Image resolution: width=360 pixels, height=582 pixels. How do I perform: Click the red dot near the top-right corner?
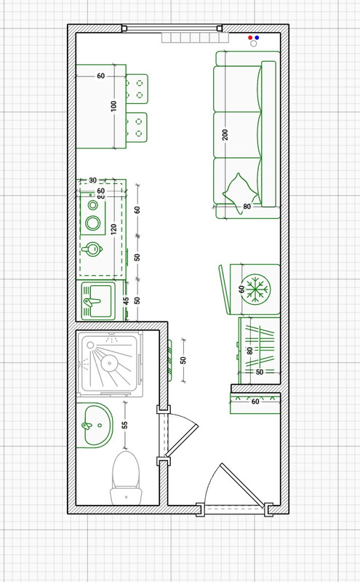pos(250,38)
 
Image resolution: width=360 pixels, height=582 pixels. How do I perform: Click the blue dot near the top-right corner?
pos(257,38)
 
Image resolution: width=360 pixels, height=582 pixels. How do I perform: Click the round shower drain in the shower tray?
pos(110,362)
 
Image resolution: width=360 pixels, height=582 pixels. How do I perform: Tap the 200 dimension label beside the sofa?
pos(225,135)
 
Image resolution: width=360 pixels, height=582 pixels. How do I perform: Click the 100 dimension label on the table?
pos(113,105)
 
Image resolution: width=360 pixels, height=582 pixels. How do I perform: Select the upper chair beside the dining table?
pos(137,89)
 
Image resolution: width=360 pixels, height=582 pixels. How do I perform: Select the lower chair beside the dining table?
pos(136,127)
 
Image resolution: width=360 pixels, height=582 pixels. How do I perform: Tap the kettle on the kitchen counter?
pos(93,249)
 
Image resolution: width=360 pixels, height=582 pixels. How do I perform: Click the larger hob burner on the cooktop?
pos(93,223)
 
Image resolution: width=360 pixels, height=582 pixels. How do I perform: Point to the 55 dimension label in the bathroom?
pos(124,425)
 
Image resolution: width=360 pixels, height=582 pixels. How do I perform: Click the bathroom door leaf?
pos(182,440)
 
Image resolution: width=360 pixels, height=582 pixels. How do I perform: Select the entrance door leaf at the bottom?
pos(242,485)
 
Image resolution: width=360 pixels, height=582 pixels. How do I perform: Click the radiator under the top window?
pos(195,38)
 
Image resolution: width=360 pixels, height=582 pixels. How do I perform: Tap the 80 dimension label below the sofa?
pos(247,207)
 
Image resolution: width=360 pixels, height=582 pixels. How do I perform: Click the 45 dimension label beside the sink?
pos(127,301)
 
